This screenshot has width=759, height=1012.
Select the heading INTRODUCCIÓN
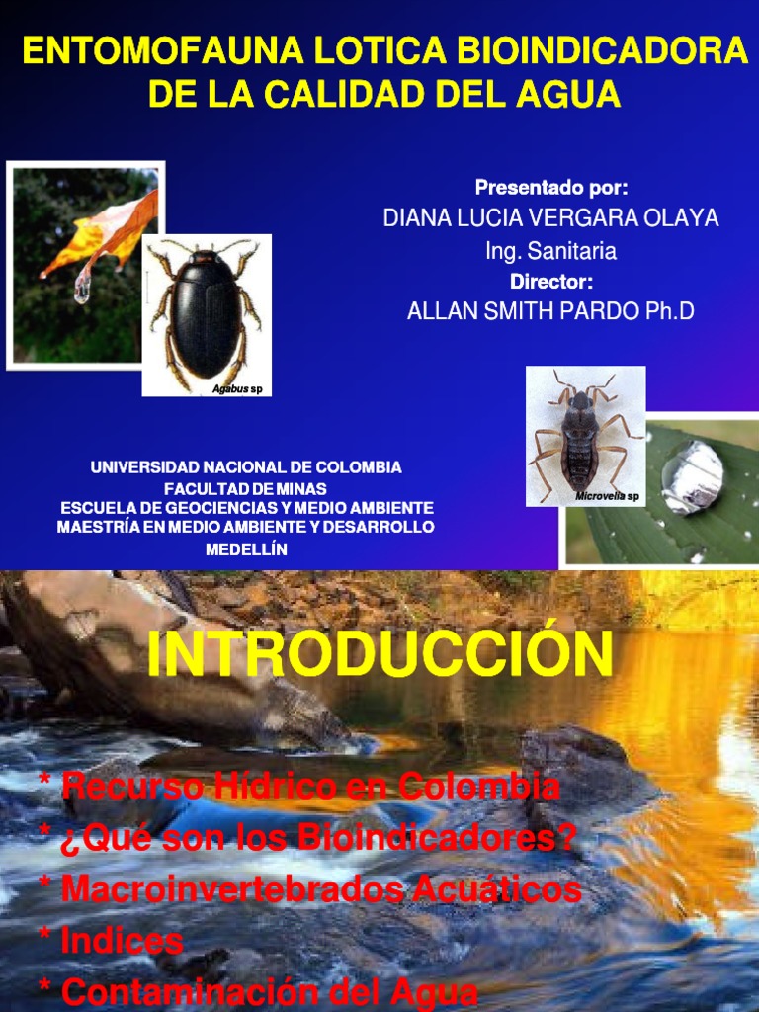[x=379, y=655]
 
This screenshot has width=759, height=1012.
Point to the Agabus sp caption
[x=237, y=389]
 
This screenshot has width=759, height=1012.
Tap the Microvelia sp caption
[x=607, y=496]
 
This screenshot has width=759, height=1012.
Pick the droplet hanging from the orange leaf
[x=82, y=287]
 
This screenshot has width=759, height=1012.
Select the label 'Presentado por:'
[x=550, y=188]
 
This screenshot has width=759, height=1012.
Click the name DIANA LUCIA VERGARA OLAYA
[x=550, y=219]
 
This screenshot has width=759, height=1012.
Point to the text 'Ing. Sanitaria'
[x=550, y=251]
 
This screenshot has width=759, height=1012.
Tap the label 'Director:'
[x=550, y=282]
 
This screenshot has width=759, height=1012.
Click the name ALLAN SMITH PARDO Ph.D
[x=550, y=312]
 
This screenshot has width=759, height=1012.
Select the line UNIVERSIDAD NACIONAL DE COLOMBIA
[x=246, y=466]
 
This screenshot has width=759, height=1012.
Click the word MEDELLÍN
[x=246, y=549]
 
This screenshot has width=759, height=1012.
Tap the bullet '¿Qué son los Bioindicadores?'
[x=317, y=839]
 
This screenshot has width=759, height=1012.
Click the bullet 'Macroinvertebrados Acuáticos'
[x=320, y=889]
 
